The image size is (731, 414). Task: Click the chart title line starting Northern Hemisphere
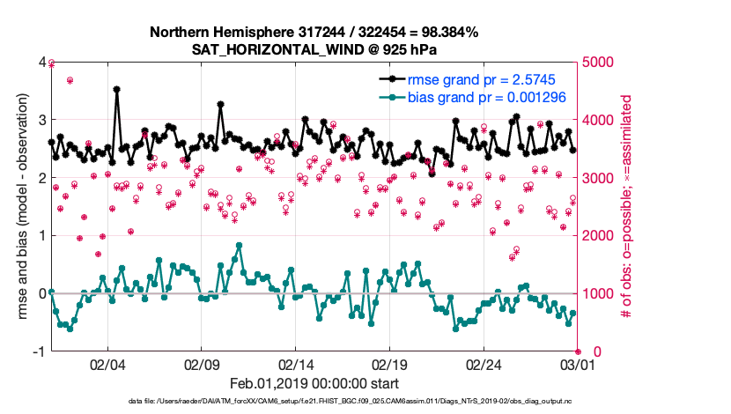(314, 32)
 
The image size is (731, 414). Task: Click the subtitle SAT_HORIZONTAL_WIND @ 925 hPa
(314, 49)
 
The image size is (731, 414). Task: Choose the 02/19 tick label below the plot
(391, 363)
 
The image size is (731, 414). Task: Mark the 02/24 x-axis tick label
(485, 363)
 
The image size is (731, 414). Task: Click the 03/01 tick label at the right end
(579, 363)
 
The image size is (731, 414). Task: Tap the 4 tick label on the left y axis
(41, 63)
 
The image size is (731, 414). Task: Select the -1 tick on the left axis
(39, 351)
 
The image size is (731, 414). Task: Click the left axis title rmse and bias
(18, 207)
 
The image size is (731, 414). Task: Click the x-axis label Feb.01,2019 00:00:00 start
(314, 383)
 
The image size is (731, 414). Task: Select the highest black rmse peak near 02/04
(117, 89)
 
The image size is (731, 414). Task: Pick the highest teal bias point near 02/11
(240, 246)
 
